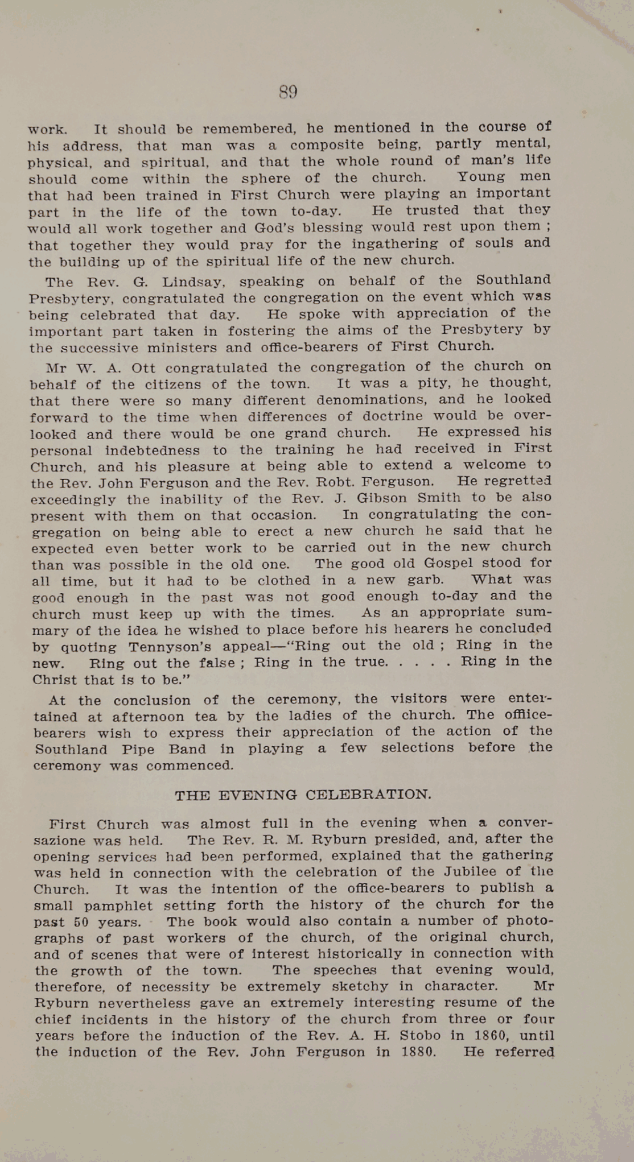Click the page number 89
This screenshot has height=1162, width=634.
pos(289,92)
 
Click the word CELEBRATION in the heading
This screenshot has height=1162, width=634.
pos(368,795)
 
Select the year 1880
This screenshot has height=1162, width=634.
pos(418,1052)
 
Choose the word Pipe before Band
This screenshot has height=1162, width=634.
pos(138,750)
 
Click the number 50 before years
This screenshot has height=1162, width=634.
pos(82,922)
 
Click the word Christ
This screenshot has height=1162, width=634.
pos(55,680)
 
